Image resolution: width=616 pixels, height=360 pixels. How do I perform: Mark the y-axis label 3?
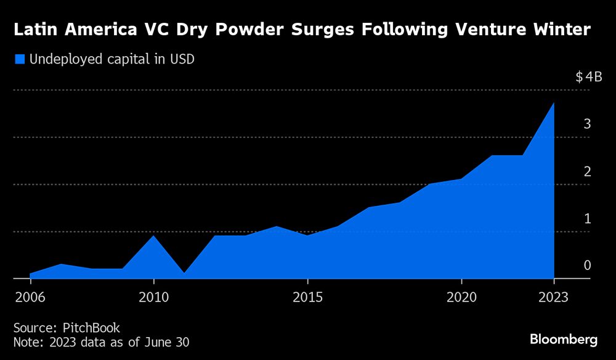588,124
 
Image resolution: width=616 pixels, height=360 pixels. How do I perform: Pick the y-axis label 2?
588,171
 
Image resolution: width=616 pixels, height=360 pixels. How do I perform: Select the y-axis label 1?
588,218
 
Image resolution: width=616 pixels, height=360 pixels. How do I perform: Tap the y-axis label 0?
588,265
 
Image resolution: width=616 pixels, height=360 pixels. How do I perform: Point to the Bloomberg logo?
564,339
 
